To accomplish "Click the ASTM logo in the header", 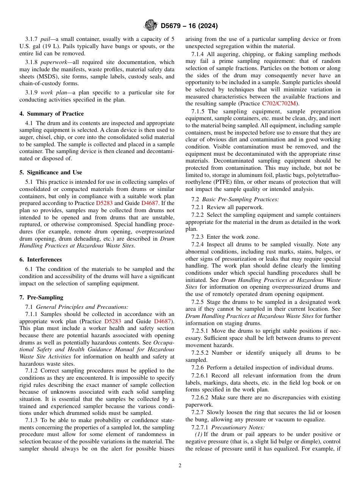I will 151,25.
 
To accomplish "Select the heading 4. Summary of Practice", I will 52,114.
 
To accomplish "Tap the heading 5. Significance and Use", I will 51,172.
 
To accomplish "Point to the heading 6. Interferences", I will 41,260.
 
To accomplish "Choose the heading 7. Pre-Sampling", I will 41,297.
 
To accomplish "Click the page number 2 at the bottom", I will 180,466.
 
